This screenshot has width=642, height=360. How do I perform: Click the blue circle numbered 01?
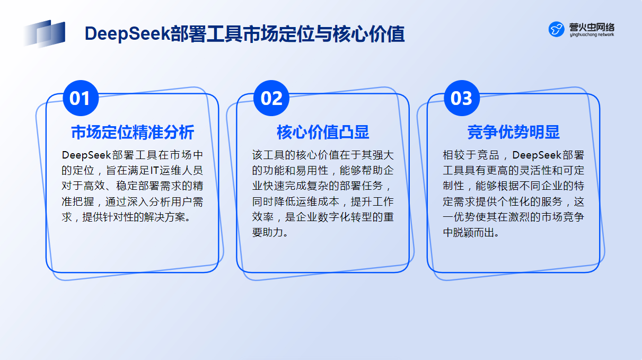click(81, 98)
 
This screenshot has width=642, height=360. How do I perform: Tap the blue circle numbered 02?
click(271, 98)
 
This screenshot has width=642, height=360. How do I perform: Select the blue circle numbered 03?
click(462, 98)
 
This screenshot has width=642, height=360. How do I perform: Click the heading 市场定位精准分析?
click(133, 132)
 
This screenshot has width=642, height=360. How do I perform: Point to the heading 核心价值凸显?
click(323, 132)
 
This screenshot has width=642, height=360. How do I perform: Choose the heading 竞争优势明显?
click(513, 132)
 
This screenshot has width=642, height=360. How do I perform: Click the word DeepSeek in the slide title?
click(128, 34)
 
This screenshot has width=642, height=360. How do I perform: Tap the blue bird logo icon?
click(556, 29)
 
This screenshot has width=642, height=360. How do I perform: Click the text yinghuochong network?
click(592, 34)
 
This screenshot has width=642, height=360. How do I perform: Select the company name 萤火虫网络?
click(592, 27)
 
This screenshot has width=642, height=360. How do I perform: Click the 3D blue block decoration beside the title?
click(44, 33)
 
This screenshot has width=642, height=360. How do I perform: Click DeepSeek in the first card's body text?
click(86, 155)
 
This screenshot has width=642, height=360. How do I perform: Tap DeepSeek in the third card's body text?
click(537, 155)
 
